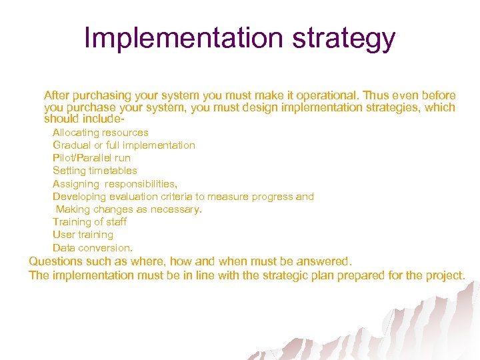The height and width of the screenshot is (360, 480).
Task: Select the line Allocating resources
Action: (x=101, y=133)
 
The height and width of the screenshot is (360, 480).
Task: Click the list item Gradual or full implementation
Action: (x=124, y=145)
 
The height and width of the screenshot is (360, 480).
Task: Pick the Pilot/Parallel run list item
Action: (x=91, y=158)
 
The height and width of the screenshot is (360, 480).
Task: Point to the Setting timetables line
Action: (x=95, y=171)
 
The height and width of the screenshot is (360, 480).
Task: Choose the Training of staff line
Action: (x=89, y=222)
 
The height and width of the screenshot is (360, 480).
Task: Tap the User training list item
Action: (x=83, y=235)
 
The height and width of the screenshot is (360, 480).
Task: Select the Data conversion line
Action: (x=93, y=248)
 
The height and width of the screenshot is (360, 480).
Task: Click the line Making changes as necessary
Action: (x=128, y=209)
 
